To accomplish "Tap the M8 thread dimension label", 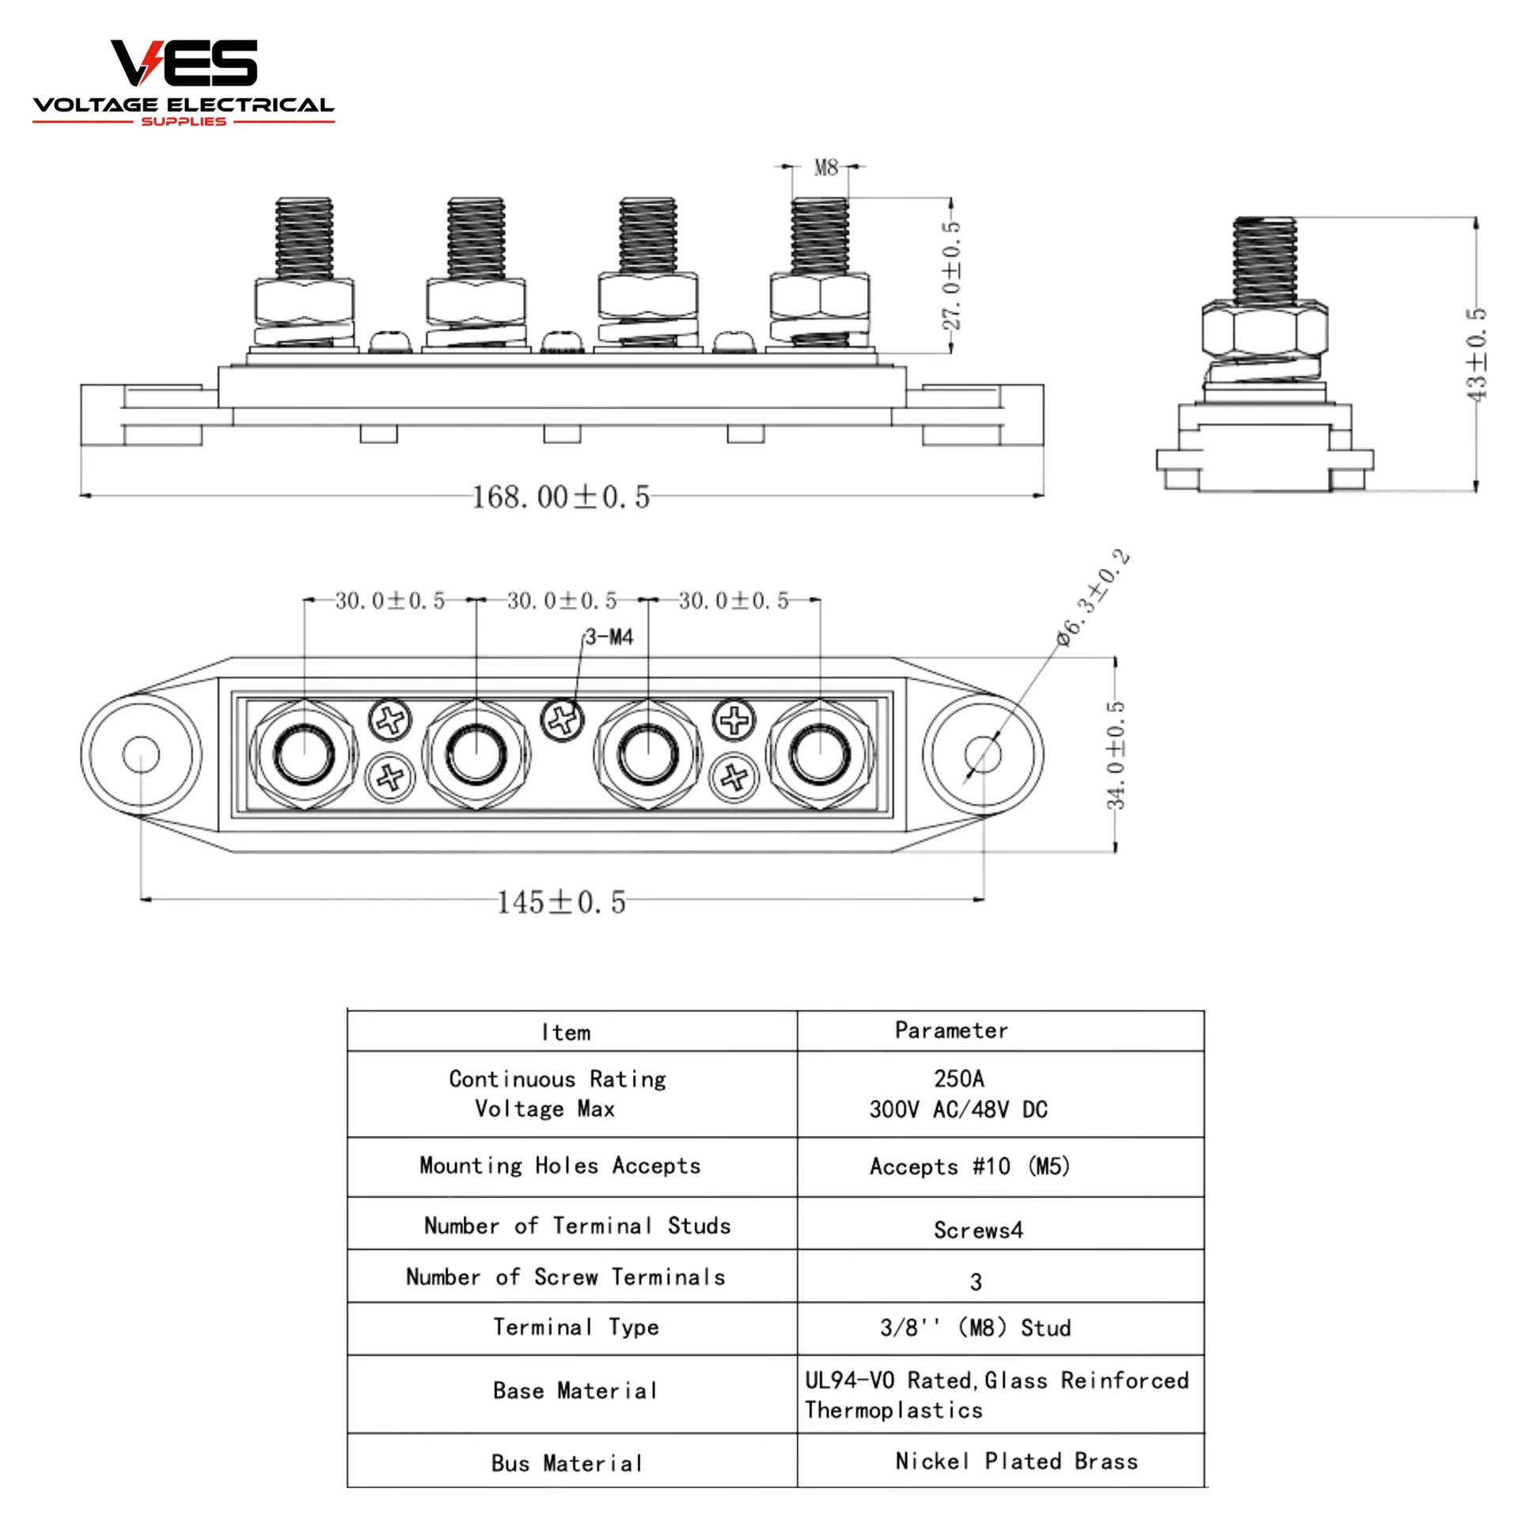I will pyautogui.click(x=826, y=168).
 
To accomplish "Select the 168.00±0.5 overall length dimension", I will pyautogui.click(x=560, y=498).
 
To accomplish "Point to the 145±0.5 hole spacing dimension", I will pyautogui.click(x=561, y=902).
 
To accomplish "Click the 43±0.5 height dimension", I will pyautogui.click(x=1475, y=354).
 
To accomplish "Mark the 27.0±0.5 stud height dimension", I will pyautogui.click(x=951, y=275).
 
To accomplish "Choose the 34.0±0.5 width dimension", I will pyautogui.click(x=1116, y=754).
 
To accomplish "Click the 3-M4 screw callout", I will pyautogui.click(x=609, y=637).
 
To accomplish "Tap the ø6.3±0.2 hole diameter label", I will pyautogui.click(x=1093, y=597).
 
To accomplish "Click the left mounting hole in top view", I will pyautogui.click(x=141, y=754).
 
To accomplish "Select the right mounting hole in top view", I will pyautogui.click(x=983, y=754).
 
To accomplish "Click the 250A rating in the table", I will pyautogui.click(x=959, y=1079).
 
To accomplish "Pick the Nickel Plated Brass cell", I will pyautogui.click(x=1016, y=1461).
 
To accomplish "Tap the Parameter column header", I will pyautogui.click(x=951, y=1030).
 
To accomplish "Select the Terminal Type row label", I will pyautogui.click(x=575, y=1327).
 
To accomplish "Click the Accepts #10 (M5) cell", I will pyautogui.click(x=969, y=1167).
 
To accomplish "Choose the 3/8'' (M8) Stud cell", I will pyautogui.click(x=975, y=1328).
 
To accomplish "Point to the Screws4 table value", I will pyautogui.click(x=978, y=1230).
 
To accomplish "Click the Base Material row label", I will pyautogui.click(x=575, y=1391).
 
